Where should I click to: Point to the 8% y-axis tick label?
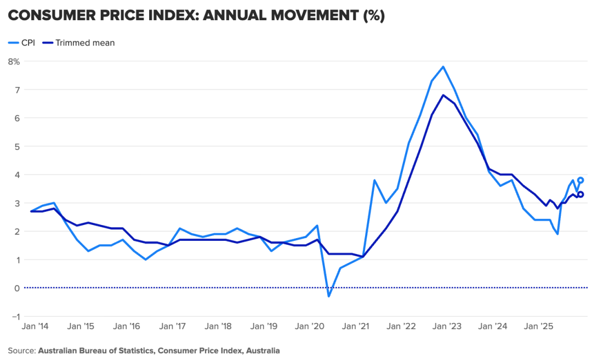(14, 61)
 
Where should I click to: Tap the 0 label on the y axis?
(17, 288)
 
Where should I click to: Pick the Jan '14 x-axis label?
(36, 326)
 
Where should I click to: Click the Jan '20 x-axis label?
(310, 326)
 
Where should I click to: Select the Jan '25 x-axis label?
(539, 326)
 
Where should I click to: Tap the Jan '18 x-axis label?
(219, 326)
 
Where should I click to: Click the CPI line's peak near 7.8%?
(443, 67)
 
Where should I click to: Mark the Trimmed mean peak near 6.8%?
(443, 95)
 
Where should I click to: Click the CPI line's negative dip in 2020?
(329, 296)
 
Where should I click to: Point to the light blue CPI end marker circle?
(580, 180)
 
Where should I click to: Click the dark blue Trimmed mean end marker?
(580, 194)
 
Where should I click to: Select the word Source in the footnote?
(20, 350)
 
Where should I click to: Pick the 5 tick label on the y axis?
(17, 146)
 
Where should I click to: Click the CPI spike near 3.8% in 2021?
(374, 180)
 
